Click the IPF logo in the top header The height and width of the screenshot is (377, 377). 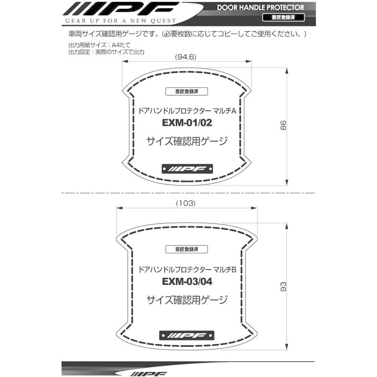click(x=119, y=9)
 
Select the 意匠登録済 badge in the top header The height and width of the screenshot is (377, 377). click(x=280, y=17)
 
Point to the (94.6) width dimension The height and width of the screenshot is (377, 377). click(x=186, y=57)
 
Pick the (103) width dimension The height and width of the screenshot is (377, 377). click(x=186, y=203)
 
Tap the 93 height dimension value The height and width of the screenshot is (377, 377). click(x=284, y=287)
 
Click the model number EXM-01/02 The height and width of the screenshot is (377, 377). click(x=187, y=123)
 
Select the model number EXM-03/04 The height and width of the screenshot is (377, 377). click(x=187, y=281)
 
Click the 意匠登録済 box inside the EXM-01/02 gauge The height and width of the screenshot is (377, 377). click(x=187, y=92)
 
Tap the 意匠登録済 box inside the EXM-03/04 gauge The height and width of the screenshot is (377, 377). click(x=187, y=249)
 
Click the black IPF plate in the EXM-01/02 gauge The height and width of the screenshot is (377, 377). click(x=187, y=169)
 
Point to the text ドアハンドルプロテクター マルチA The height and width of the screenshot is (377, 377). click(x=188, y=111)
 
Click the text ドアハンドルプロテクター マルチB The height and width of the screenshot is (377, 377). click(x=188, y=269)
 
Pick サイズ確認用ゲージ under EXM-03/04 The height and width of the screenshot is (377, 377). click(x=187, y=300)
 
